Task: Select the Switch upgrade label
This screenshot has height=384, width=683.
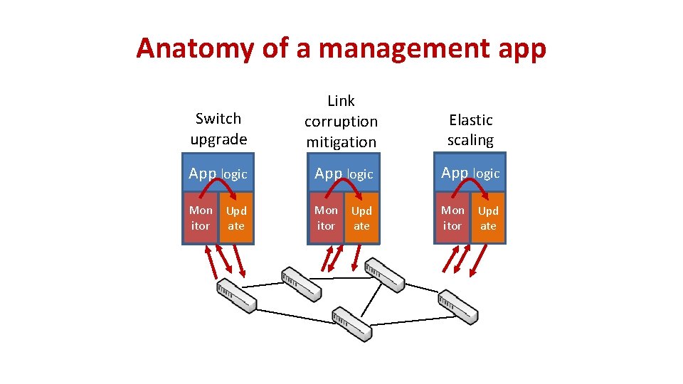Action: tap(218, 129)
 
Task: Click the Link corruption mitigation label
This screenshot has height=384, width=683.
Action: tap(341, 122)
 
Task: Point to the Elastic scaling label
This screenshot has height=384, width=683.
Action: tap(470, 130)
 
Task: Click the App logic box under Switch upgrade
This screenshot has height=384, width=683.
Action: tap(218, 174)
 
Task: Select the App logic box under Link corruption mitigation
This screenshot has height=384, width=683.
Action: tap(344, 174)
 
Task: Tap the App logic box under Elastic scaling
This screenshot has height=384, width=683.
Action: tap(470, 174)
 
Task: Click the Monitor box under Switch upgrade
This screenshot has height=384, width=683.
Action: tap(201, 218)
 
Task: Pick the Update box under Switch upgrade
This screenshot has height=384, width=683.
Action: tap(236, 218)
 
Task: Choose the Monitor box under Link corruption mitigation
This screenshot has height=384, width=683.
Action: tap(326, 218)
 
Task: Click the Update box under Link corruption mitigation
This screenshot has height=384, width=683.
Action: tap(361, 218)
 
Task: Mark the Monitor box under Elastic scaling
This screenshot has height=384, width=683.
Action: tap(452, 218)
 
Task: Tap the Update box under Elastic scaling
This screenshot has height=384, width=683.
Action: tap(488, 218)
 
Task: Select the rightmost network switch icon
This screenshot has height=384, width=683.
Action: tap(457, 305)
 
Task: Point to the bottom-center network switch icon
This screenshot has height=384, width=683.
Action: tap(351, 324)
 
